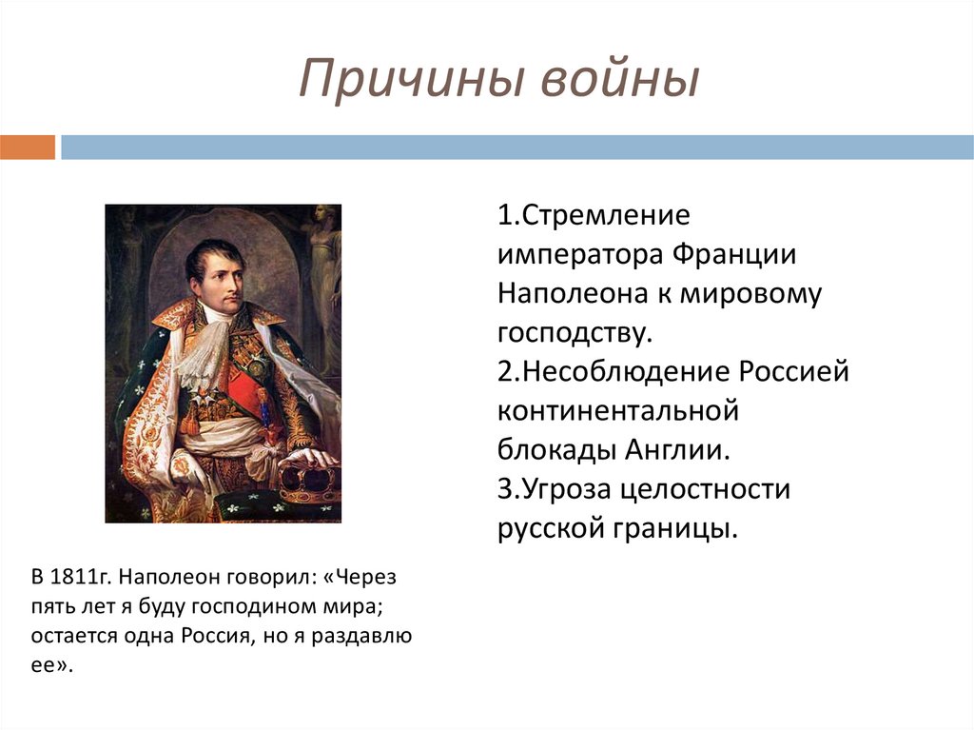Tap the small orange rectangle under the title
coord(28,148)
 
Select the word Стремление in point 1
coord(605,215)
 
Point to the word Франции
coord(734,255)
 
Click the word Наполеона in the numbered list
coord(573,293)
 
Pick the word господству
coord(575,333)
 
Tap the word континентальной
coord(618,411)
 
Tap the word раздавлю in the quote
coord(361,637)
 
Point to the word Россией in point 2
coord(794,372)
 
